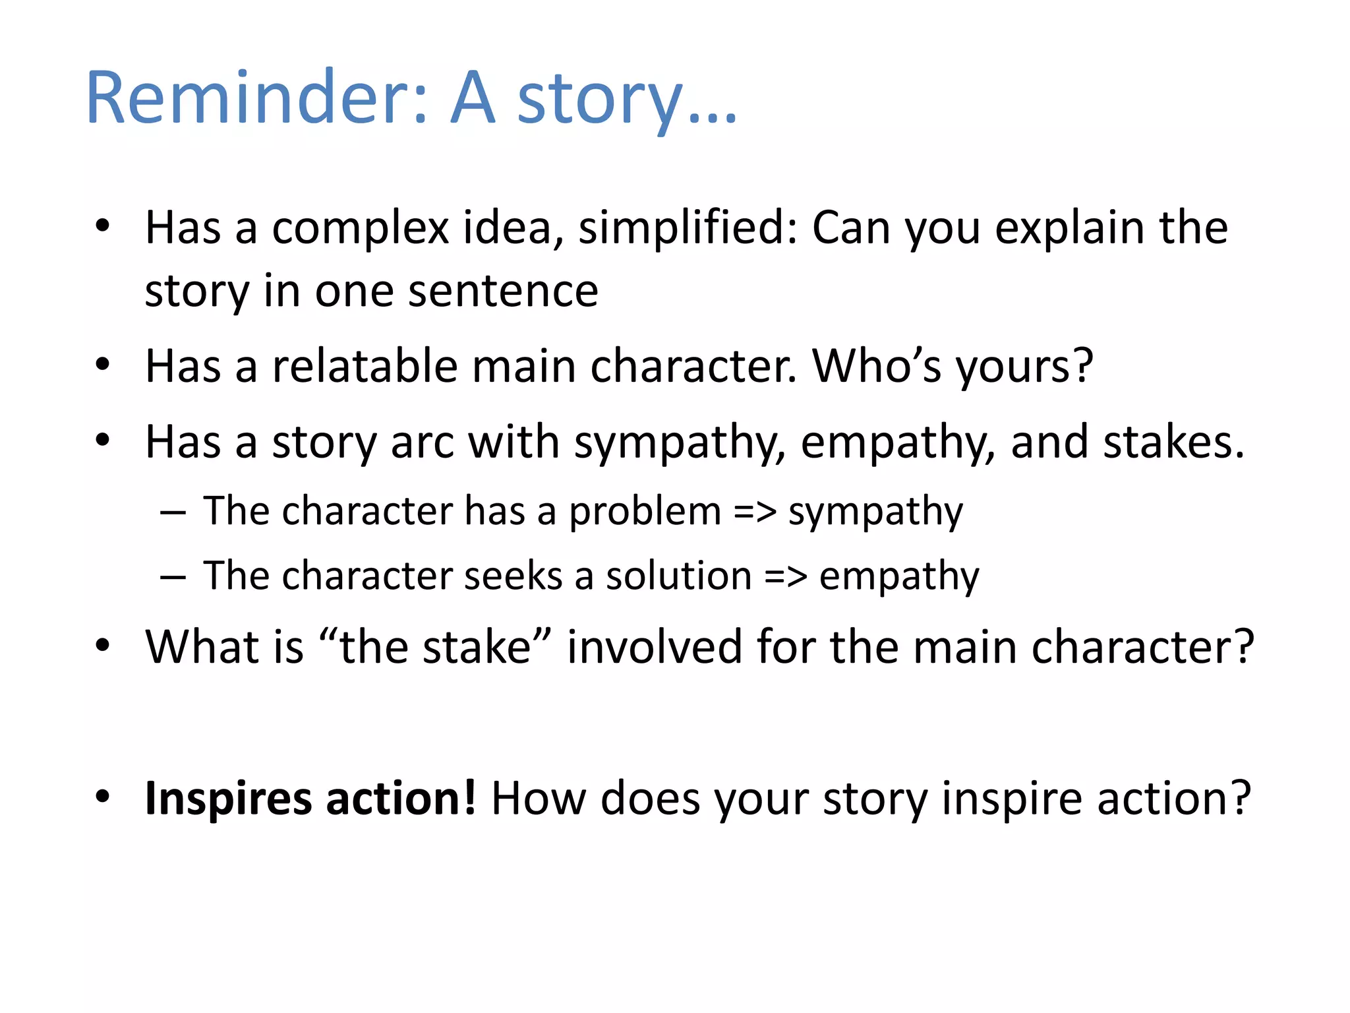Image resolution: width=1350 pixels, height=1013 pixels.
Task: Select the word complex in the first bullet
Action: (361, 228)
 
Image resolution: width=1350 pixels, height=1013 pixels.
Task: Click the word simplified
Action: (687, 228)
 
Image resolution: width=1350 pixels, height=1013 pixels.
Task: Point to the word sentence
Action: (503, 292)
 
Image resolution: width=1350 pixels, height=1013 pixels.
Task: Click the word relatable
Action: (365, 366)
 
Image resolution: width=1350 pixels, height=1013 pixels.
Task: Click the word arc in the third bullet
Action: (422, 442)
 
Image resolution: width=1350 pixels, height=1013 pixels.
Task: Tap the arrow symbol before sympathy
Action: (755, 512)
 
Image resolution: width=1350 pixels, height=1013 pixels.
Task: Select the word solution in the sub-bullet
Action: (679, 576)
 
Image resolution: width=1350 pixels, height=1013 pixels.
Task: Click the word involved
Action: (654, 646)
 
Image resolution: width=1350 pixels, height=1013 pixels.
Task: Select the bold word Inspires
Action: (228, 799)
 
